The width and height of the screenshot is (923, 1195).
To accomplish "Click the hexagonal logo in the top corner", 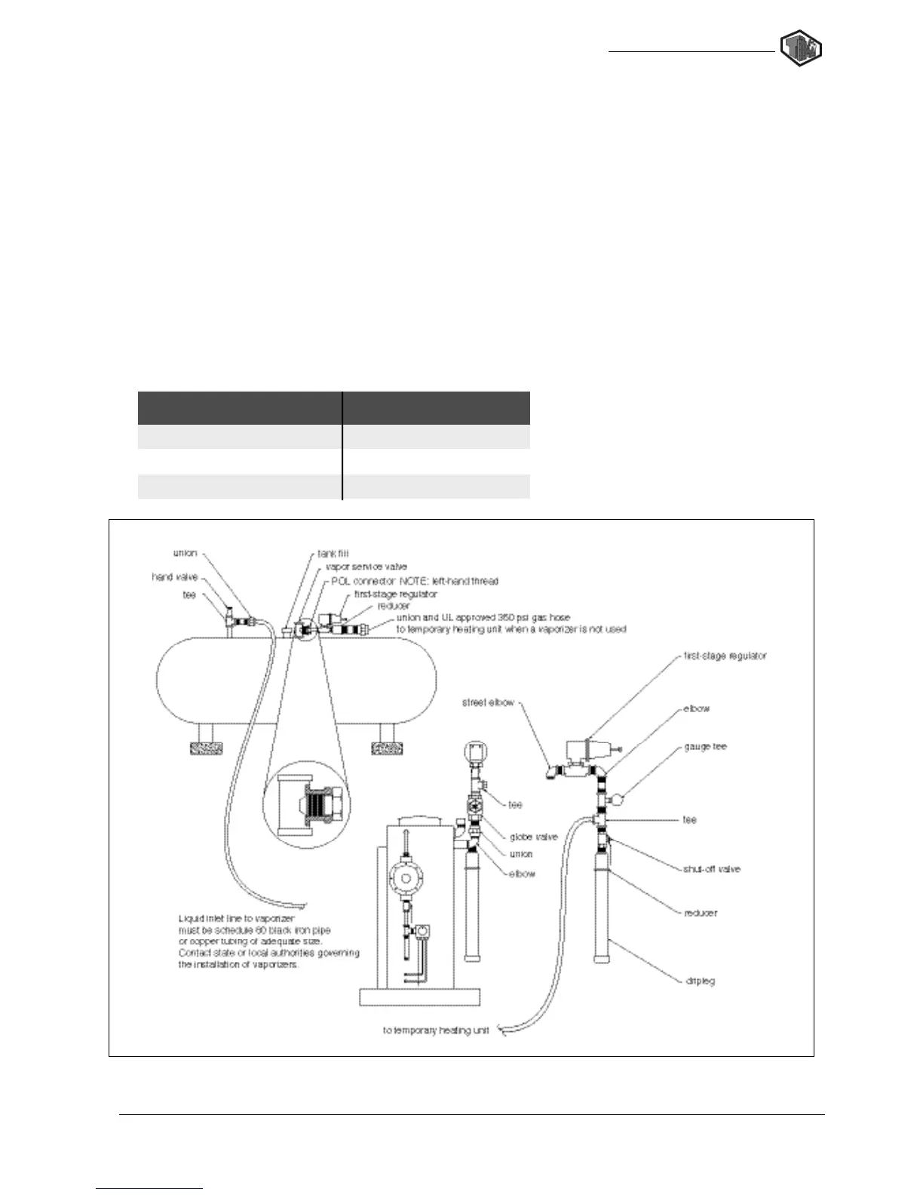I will coord(801,49).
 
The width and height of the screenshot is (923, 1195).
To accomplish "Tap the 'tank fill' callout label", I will coord(333,554).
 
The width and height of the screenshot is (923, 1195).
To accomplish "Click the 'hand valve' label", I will coord(175,577).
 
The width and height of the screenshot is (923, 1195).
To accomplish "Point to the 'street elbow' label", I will coord(488,702).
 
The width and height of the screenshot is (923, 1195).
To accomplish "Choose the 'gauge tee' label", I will coord(705,746).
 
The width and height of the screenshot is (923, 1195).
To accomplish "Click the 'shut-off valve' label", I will coord(712,869).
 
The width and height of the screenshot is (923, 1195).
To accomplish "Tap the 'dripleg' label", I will coord(700,981).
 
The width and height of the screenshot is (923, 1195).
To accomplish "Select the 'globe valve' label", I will coord(533,837).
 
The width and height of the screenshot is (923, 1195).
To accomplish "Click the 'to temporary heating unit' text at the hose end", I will coord(436,1031).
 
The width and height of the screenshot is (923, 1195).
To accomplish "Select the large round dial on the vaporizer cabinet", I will coord(407,877).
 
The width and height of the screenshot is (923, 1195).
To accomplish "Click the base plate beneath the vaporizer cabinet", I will coord(419,997).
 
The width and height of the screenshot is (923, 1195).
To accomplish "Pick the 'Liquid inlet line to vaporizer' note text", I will coord(268,942).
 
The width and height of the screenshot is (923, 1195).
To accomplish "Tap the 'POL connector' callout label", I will coord(415,581).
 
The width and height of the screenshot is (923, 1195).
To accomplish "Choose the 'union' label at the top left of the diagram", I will coord(185,553).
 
